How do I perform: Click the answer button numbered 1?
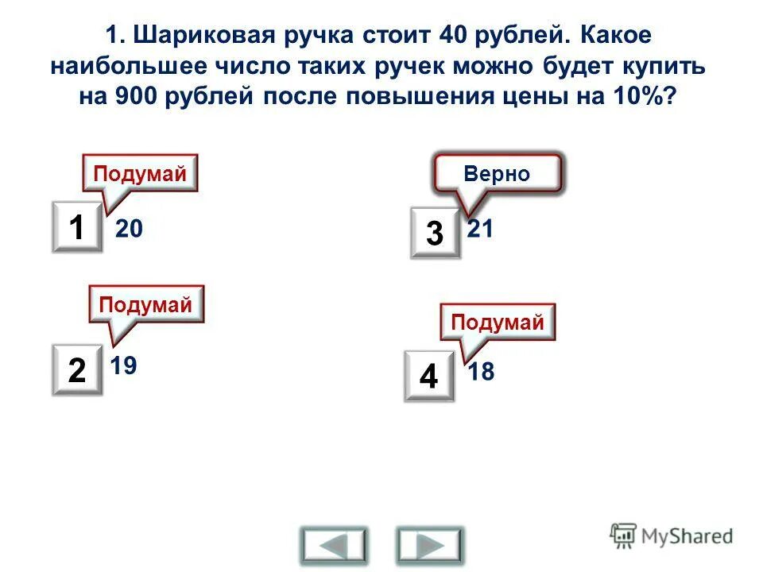(x=77, y=227)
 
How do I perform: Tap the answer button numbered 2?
(x=77, y=369)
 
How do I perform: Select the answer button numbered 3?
(x=435, y=234)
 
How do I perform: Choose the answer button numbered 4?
(x=428, y=375)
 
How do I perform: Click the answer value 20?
(x=129, y=230)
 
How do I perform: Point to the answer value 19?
(x=124, y=365)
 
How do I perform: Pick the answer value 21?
(x=481, y=230)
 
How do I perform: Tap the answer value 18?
(x=481, y=371)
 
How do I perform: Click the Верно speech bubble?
(x=498, y=174)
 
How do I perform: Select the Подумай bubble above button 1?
(x=141, y=173)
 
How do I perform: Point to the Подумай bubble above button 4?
(x=498, y=323)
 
